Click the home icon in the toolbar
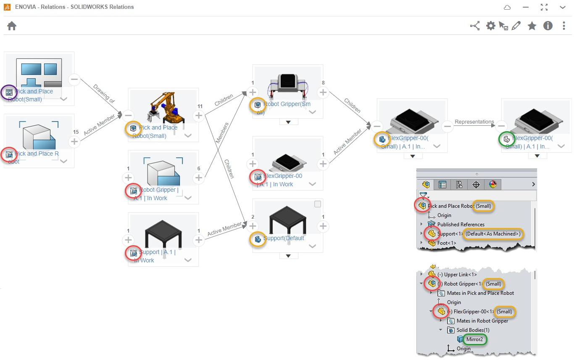[x=12, y=26]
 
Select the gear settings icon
[x=490, y=26]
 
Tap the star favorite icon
[x=532, y=26]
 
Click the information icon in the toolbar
[x=548, y=26]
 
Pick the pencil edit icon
[x=516, y=26]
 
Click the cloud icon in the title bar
[x=507, y=8]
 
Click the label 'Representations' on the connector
[x=474, y=122]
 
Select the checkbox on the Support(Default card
[x=318, y=204]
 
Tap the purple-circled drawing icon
[x=9, y=92]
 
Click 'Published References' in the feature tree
[x=461, y=225]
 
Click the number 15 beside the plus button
[x=76, y=132]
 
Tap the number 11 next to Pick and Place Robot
[x=200, y=106]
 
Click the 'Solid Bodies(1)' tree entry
[x=473, y=330]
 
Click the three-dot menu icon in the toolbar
[x=564, y=26]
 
